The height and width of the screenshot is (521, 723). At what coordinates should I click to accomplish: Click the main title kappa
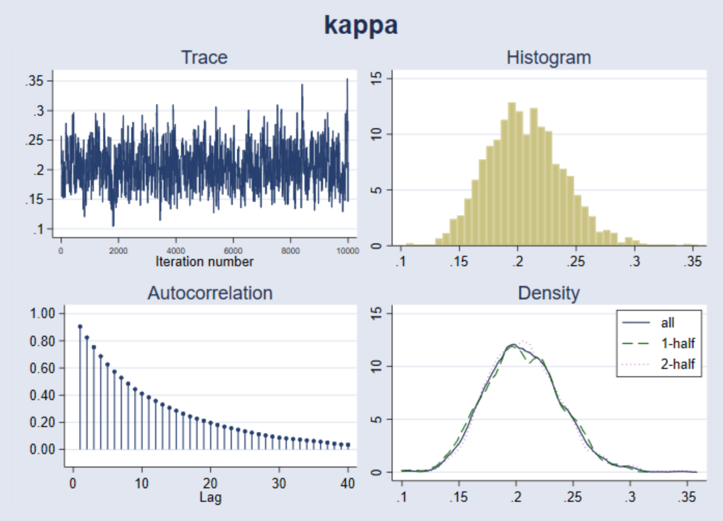(x=361, y=25)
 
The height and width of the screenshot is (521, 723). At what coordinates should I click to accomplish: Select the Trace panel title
(x=204, y=57)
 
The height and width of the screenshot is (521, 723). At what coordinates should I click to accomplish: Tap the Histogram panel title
(x=548, y=57)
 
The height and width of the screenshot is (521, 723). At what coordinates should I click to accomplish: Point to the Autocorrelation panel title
(x=210, y=293)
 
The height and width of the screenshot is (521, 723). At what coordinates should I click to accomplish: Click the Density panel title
(x=548, y=293)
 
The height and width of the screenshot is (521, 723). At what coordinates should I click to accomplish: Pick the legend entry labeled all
(x=668, y=323)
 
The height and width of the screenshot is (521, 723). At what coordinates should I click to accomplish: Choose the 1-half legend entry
(x=677, y=343)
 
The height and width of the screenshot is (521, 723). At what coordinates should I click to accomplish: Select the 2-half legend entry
(x=677, y=364)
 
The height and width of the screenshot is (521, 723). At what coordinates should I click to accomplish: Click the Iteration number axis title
(x=204, y=262)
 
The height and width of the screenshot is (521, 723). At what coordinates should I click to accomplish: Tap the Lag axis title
(x=210, y=497)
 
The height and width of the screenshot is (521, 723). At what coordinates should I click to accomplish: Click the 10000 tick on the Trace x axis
(x=347, y=251)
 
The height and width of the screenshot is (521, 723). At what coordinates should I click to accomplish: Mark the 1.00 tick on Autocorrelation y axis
(x=43, y=313)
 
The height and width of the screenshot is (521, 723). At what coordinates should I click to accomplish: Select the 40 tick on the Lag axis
(x=347, y=484)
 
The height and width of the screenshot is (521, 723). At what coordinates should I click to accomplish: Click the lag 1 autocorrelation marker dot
(x=80, y=326)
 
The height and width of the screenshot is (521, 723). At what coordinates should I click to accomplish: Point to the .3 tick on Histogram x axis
(x=635, y=261)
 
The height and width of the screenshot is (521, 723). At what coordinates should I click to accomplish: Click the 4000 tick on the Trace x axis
(x=176, y=251)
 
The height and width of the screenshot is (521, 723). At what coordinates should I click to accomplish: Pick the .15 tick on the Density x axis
(x=458, y=497)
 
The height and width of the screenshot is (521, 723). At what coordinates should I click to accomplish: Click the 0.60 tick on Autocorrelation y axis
(x=43, y=368)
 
